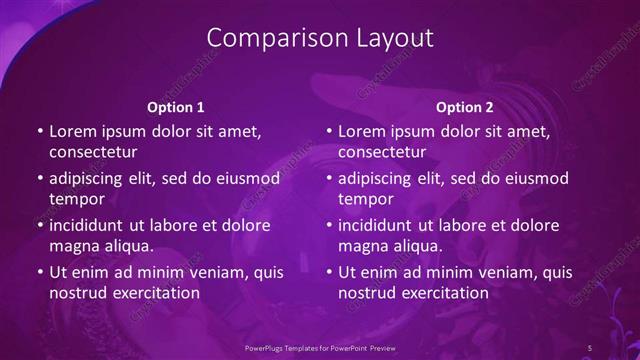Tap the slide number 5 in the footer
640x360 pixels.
[x=590, y=347]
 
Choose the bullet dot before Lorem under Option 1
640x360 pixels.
[x=39, y=132]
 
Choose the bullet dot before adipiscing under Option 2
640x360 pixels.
[x=328, y=179]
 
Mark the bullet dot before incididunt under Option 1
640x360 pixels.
[x=39, y=226]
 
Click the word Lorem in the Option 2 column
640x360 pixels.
[x=362, y=131]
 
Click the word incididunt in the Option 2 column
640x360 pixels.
[x=381, y=225]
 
